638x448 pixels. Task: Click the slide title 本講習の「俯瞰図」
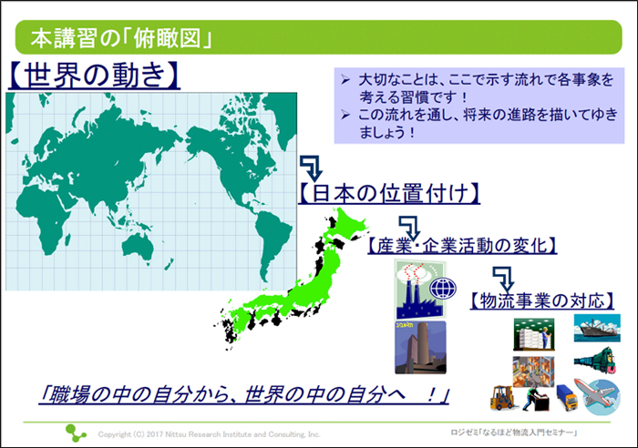[121, 38]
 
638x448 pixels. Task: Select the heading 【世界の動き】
[94, 76]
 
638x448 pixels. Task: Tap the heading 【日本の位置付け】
[389, 193]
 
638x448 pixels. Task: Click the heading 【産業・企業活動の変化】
[462, 246]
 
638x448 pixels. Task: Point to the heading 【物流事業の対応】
[542, 300]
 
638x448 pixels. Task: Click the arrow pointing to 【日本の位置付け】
[313, 168]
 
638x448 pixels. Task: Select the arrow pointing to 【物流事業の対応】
[504, 279]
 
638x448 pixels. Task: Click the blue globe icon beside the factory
[443, 289]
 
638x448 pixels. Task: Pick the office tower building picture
[420, 348]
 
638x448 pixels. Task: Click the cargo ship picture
[597, 328]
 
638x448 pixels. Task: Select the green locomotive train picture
[595, 360]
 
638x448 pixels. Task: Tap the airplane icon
[598, 396]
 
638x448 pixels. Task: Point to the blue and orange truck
[567, 397]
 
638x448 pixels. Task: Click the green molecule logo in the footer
[76, 433]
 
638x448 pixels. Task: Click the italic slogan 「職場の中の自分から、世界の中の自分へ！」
[244, 394]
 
